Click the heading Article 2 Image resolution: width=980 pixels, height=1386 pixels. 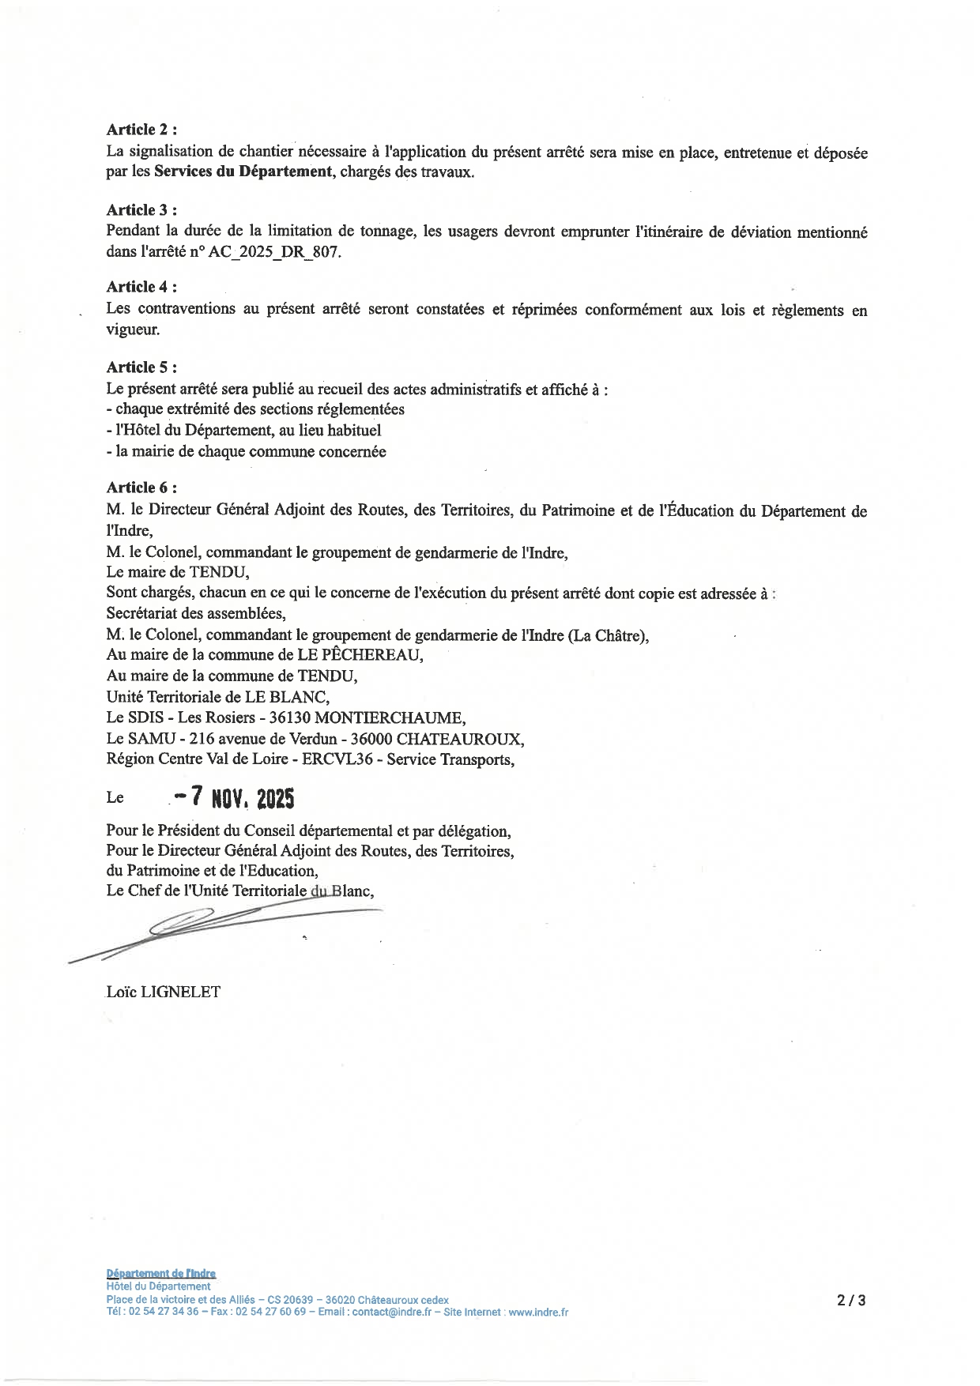141,130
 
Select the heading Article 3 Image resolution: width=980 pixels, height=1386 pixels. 141,210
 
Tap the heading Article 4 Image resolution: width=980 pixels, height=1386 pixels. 141,287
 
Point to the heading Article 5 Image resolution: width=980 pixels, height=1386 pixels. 141,367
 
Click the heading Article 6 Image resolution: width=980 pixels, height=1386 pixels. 141,488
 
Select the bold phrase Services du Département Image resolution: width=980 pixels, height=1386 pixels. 243,172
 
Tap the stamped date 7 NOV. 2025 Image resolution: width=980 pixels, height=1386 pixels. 235,798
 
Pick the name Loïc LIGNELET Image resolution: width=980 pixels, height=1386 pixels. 164,992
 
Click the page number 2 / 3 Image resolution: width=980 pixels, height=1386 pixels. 852,1300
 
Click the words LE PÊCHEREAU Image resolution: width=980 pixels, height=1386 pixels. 360,655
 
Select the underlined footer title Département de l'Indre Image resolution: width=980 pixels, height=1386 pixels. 161,1273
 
